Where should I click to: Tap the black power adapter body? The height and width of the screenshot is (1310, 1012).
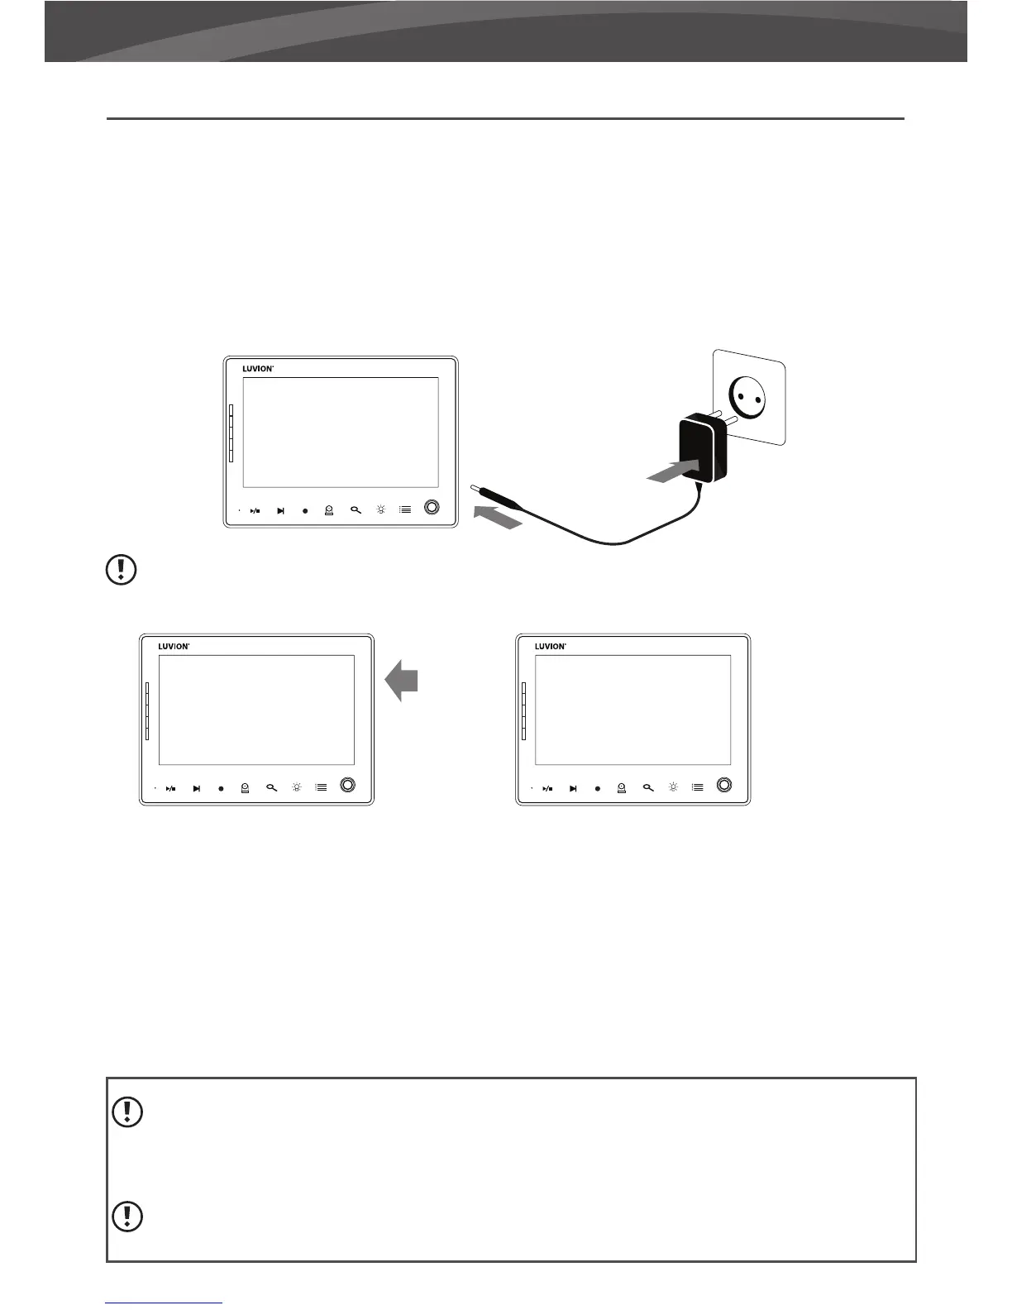[702, 452]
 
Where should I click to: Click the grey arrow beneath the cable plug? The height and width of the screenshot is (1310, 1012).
[499, 518]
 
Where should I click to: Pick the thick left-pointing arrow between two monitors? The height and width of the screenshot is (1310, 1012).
[402, 680]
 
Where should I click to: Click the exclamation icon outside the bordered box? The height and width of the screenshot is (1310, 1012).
[122, 570]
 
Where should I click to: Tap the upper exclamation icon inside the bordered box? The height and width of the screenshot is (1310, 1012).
[126, 1112]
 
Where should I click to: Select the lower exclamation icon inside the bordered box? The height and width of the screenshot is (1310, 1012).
[126, 1215]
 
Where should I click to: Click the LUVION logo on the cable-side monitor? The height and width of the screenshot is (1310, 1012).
[258, 369]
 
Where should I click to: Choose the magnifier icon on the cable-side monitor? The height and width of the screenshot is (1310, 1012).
[356, 510]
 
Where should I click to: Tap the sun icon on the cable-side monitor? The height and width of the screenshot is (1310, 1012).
[380, 509]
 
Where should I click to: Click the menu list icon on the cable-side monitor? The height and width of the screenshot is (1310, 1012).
[405, 509]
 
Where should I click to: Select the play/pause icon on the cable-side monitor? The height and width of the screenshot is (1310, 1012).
[255, 510]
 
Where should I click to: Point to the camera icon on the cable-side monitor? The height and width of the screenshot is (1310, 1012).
[329, 510]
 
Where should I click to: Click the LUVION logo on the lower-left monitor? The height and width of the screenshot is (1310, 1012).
[174, 647]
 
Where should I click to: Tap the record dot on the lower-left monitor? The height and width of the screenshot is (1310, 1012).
[221, 788]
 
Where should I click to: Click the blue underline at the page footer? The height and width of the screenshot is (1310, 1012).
[165, 1303]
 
